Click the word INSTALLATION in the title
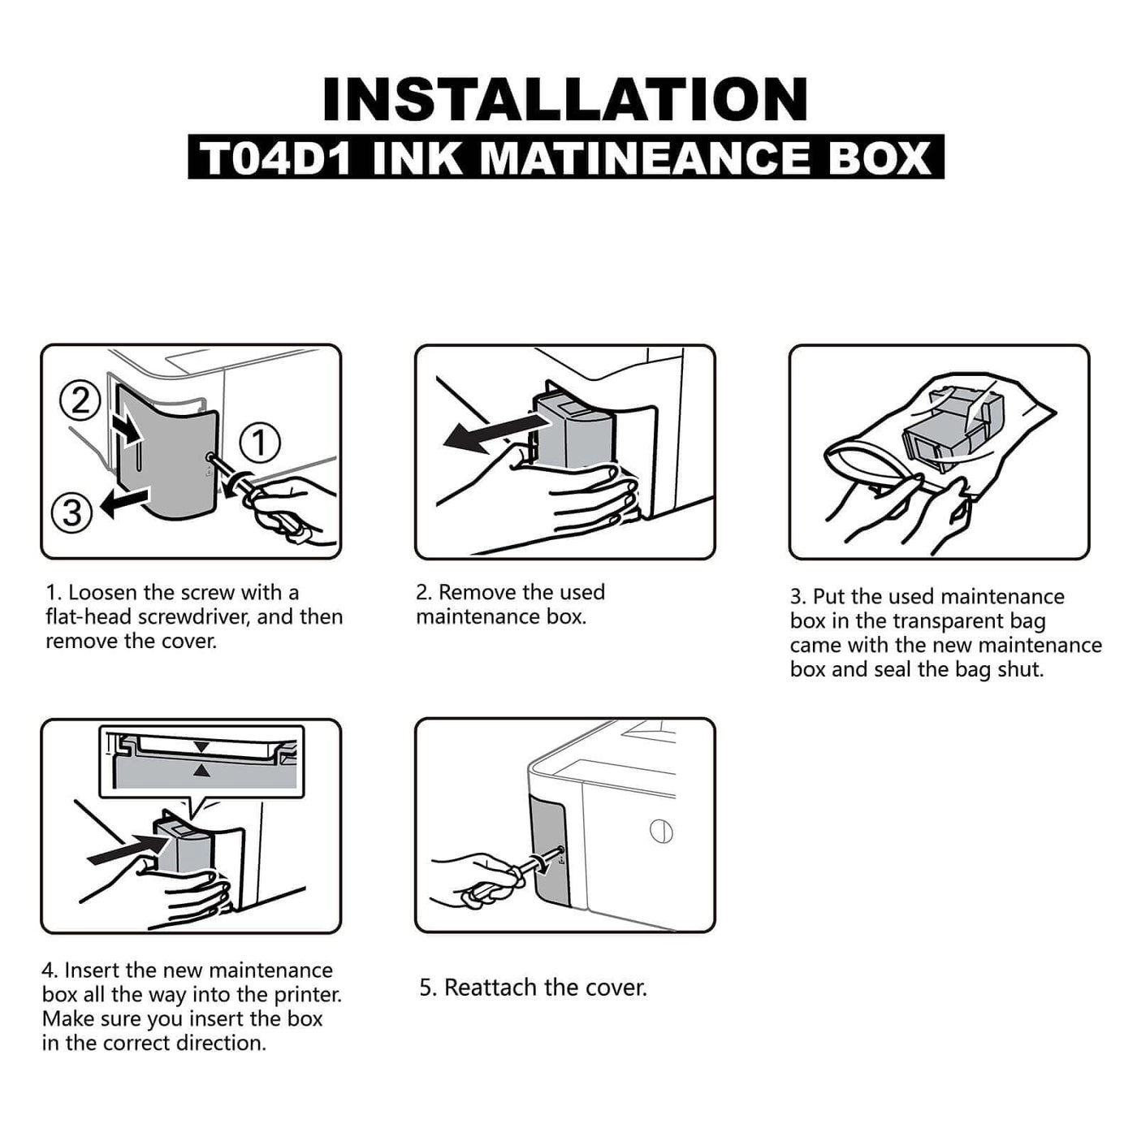[x=565, y=100]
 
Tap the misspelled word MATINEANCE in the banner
[x=645, y=158]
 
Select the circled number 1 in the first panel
[x=260, y=443]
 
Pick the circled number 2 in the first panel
[x=80, y=400]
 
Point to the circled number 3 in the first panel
[x=71, y=512]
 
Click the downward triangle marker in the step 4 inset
[x=202, y=746]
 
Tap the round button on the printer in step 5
[x=662, y=832]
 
